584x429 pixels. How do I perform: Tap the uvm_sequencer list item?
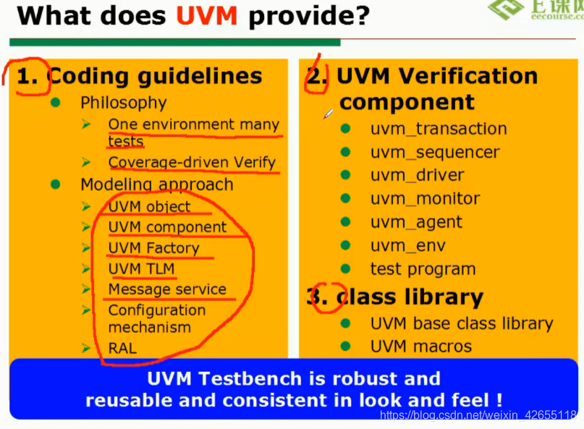tap(434, 152)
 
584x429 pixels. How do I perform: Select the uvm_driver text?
tap(417, 175)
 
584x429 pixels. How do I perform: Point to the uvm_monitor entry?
tap(425, 198)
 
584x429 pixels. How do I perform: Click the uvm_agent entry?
tap(416, 222)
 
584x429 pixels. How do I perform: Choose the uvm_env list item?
tap(408, 245)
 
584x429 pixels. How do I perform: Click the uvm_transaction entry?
tap(438, 129)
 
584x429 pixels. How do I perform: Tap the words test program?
tap(423, 269)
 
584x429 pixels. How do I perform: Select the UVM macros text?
tap(420, 347)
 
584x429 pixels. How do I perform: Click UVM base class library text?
tap(461, 323)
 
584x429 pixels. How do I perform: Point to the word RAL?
tap(122, 348)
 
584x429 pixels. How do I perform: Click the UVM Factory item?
tap(153, 248)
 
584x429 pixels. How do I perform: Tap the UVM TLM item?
tap(141, 268)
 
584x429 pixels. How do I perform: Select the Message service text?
tap(167, 289)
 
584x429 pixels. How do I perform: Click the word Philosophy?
tap(123, 103)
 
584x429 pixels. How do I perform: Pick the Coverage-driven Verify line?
tap(192, 163)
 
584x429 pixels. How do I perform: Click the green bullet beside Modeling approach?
tap(56, 184)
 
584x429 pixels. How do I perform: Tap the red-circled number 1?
tap(27, 76)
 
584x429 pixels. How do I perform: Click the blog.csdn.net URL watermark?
tap(478, 415)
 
